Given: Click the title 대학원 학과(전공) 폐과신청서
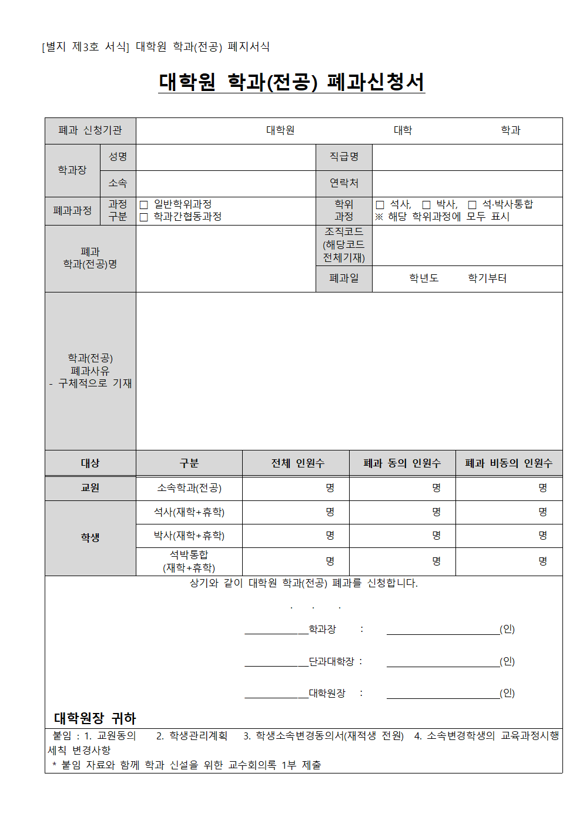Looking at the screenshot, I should (291, 82).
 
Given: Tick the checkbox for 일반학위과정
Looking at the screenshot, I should (144, 205).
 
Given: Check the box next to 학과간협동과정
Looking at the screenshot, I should (144, 217).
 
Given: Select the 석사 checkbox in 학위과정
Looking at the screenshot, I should (380, 205).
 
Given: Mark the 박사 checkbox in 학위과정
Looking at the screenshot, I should (427, 205).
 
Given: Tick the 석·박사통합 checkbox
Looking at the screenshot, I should (473, 205).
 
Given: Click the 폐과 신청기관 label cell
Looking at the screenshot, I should (90, 130).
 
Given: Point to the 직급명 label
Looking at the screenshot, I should (344, 157).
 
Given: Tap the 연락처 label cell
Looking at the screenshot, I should (344, 183).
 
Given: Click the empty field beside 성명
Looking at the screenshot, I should (226, 157).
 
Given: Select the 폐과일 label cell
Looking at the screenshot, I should (344, 278).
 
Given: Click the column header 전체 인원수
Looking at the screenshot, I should (297, 463).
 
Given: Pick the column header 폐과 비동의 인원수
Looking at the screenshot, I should (509, 463).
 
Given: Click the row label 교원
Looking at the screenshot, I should (90, 488).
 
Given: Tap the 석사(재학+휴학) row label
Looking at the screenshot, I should (189, 512).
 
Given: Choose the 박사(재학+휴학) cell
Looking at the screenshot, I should (189, 536).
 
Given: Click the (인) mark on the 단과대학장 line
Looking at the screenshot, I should (507, 661).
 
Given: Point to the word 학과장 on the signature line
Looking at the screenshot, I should (323, 630).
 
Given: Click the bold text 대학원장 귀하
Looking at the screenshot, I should (95, 718).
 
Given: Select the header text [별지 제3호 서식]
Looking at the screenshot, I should (85, 47).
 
